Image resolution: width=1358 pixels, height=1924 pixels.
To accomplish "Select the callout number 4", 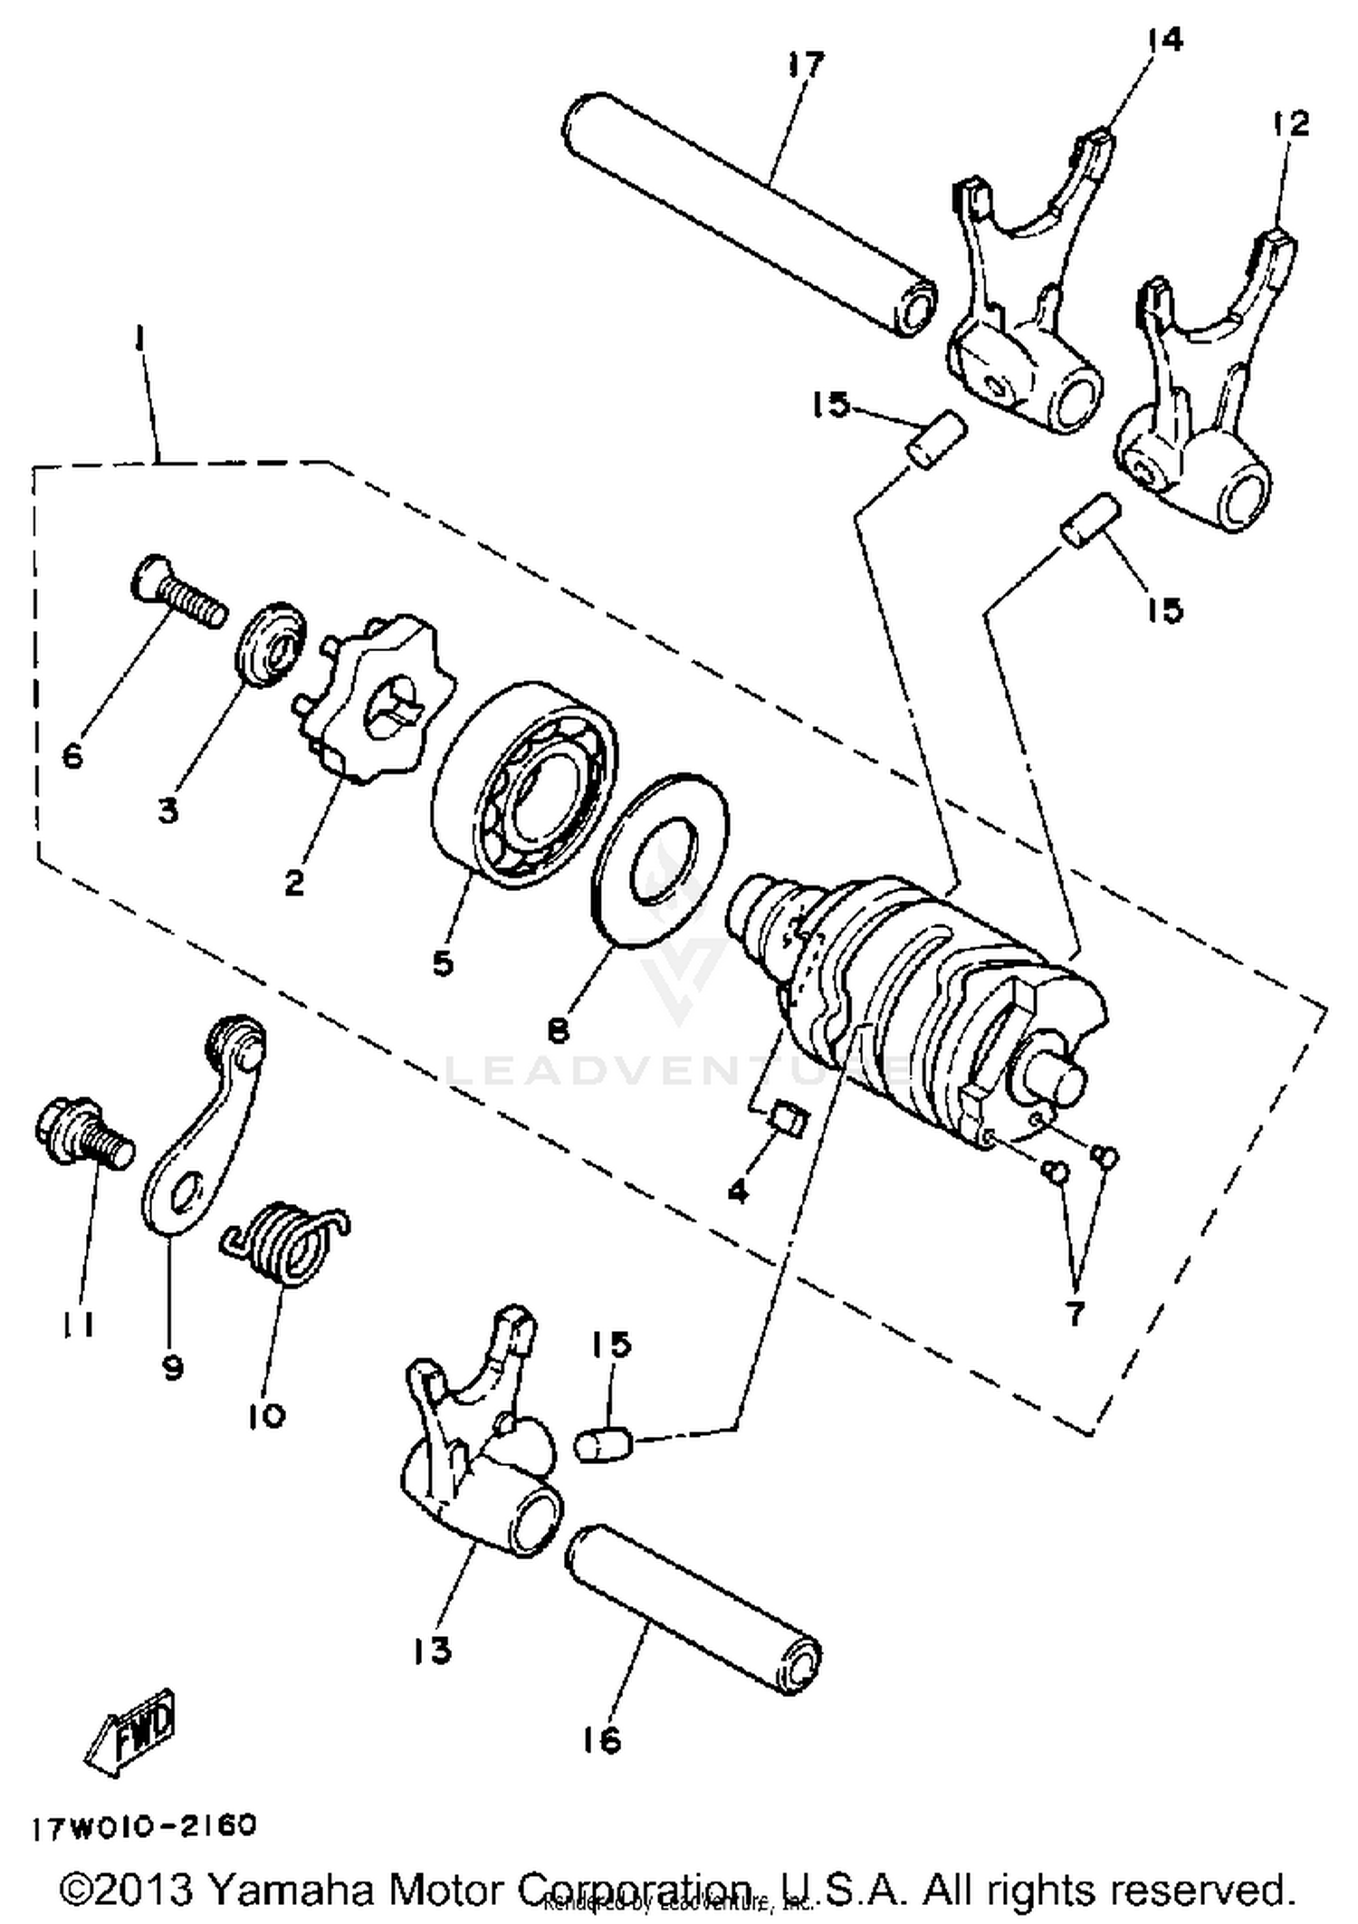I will pos(738,1192).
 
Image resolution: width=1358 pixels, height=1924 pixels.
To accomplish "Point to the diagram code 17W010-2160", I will pos(145,1824).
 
